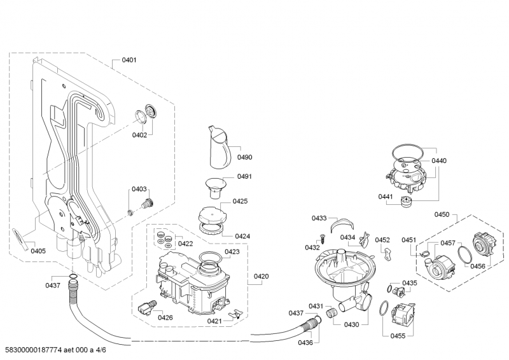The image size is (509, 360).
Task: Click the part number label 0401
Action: [x=129, y=60]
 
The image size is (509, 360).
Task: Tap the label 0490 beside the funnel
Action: [x=245, y=157]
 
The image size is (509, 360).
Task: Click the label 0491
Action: [x=245, y=177]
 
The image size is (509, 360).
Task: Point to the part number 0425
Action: [x=240, y=201]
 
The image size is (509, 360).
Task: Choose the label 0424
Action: [x=242, y=236]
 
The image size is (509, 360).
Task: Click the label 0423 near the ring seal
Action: [x=232, y=252]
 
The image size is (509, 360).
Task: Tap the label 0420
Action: [x=261, y=277]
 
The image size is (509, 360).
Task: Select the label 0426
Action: [x=165, y=317]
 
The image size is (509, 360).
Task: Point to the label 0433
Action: [x=319, y=218]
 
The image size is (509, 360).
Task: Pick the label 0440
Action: [x=439, y=161]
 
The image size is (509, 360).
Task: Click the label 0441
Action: [x=386, y=198]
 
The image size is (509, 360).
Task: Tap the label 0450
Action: [x=442, y=215]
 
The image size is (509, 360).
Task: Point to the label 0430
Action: [x=351, y=324]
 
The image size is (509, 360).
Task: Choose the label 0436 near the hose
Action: [x=305, y=343]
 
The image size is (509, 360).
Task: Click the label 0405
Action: [x=38, y=251]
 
